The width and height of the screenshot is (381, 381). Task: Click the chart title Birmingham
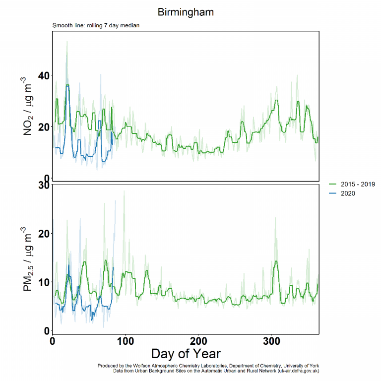186,12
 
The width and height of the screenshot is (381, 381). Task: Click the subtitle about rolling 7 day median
92,25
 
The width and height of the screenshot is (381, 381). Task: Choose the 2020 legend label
348,193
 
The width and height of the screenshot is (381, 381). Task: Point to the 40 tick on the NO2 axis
44,76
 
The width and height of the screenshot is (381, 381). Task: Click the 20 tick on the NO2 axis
44,127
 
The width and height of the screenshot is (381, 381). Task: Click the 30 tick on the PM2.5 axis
44,185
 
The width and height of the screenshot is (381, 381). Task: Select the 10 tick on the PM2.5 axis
44,282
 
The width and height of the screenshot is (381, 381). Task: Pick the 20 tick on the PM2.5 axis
44,234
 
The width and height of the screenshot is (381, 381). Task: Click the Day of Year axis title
186,354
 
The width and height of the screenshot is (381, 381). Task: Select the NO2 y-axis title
28,106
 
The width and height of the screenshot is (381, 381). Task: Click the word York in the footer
313,366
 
